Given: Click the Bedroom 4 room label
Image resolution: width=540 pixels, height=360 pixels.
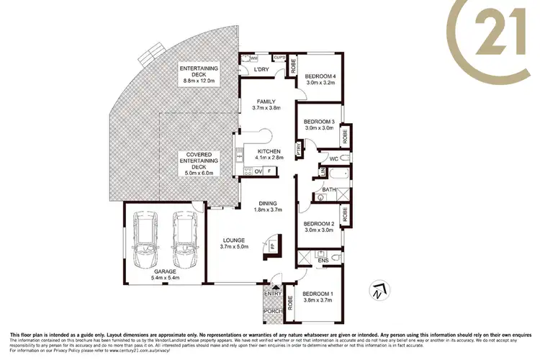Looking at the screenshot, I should tap(320, 76).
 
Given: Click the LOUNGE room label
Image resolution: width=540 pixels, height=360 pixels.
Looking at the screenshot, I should tap(234, 240).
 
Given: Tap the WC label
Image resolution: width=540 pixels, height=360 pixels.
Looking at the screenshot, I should tap(334, 158).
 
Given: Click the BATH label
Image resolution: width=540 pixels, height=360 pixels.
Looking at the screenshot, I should tap(329, 189).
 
